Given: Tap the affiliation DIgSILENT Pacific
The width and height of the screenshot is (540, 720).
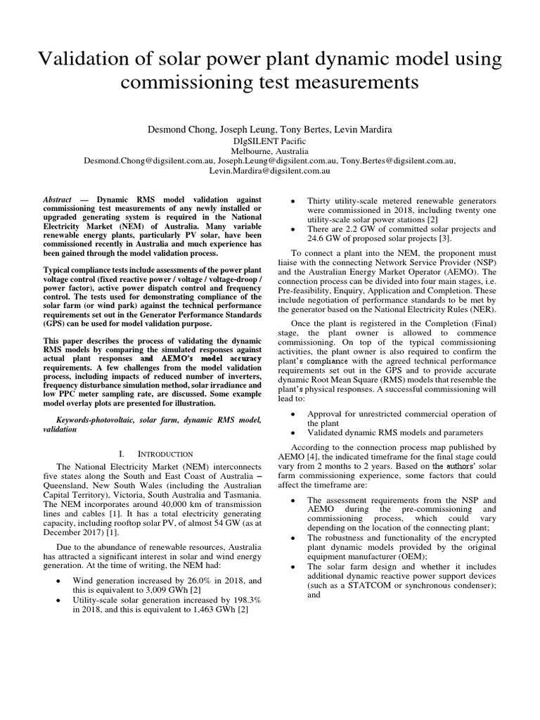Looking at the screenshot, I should [x=269, y=141].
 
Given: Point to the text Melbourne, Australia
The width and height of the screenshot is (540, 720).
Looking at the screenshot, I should [x=269, y=150].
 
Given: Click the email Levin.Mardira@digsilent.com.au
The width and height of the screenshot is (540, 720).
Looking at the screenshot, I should [x=269, y=170].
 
